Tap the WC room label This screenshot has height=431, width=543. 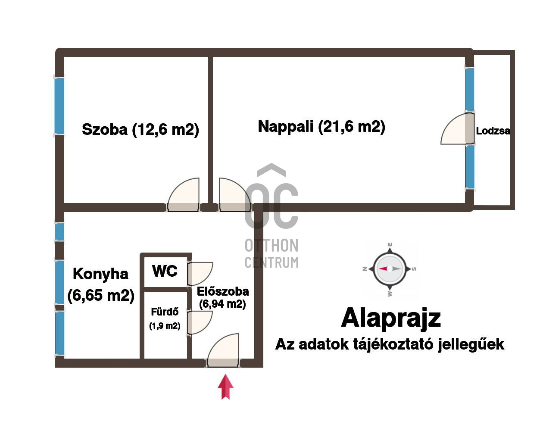click(x=165, y=271)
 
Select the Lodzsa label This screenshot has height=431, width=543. click(x=493, y=131)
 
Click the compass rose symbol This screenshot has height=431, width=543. click(x=390, y=269)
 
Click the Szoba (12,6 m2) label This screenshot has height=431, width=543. click(x=140, y=130)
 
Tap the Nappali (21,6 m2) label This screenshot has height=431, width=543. click(x=321, y=127)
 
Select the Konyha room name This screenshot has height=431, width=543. click(x=101, y=274)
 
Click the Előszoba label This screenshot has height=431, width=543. click(x=223, y=292)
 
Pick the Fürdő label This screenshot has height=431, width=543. click(x=165, y=312)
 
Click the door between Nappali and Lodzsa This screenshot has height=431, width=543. click(x=458, y=129)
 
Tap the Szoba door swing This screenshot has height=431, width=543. click(x=184, y=194)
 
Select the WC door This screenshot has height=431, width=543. click(x=200, y=274)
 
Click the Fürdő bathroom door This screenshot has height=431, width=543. click(x=200, y=323)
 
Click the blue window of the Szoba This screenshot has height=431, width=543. click(x=59, y=106)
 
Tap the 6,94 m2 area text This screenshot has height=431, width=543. click(x=222, y=304)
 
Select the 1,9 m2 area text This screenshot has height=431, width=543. click(x=165, y=326)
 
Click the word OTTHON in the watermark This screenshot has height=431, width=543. click(x=271, y=246)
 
